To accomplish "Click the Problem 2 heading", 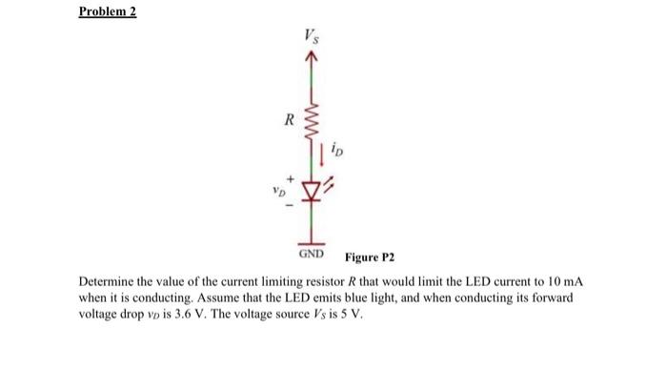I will (108, 12).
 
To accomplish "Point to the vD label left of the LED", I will (276, 189).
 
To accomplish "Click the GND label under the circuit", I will (311, 256).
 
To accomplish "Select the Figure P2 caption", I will (370, 257).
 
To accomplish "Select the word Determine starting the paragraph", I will (108, 284).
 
